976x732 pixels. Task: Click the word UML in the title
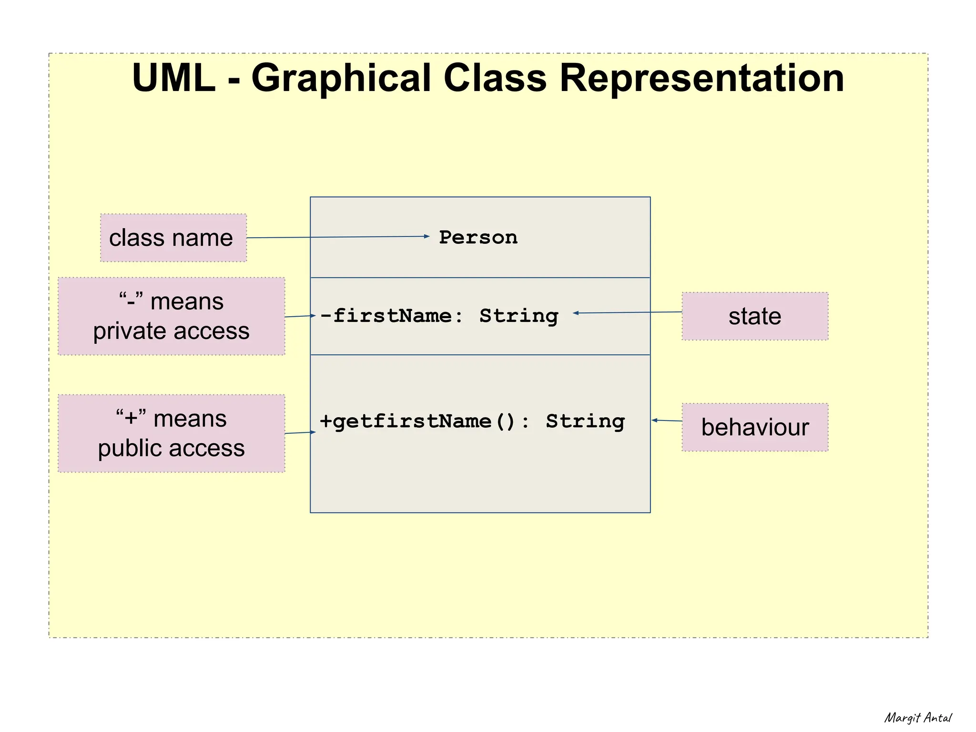(x=173, y=78)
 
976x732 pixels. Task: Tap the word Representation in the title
(x=701, y=78)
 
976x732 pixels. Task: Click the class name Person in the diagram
(x=478, y=237)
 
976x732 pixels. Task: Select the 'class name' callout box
(x=173, y=238)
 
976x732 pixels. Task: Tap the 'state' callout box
(x=754, y=316)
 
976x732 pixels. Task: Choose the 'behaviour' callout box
(x=754, y=427)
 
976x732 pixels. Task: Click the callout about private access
(x=171, y=316)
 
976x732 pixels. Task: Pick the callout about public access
(x=171, y=433)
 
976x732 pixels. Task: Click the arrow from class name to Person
(x=338, y=237)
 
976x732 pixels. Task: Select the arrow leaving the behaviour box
(x=667, y=421)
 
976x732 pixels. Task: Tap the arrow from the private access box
(x=300, y=316)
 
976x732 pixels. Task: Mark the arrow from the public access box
(x=300, y=433)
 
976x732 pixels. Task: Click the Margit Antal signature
(x=918, y=718)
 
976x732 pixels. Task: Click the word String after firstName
(x=518, y=316)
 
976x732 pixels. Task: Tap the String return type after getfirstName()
(x=585, y=421)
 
